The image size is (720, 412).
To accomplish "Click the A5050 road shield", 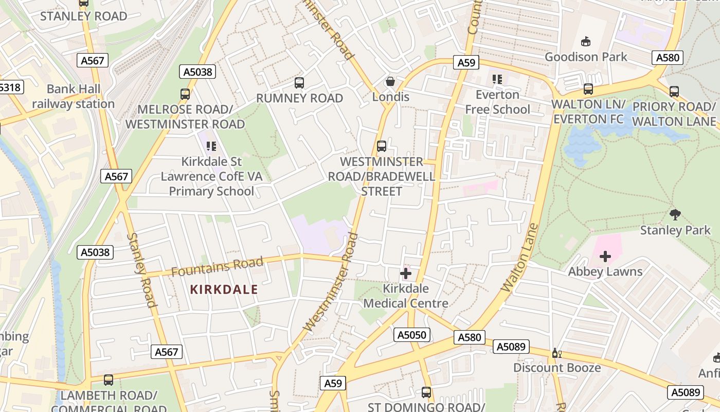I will coord(412,335).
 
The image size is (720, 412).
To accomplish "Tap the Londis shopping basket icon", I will coord(390,81).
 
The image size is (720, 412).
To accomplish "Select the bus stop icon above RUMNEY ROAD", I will coord(299,83).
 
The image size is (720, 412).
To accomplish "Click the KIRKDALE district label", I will coord(224,289).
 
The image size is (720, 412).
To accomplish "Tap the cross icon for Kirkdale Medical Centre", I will coord(406,273).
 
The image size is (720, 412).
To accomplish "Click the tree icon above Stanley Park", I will coord(675,214).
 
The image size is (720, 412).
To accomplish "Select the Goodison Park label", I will coord(586,57).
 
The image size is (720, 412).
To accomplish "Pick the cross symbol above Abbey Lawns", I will coord(605,256).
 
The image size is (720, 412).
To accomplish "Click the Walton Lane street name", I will coord(519,257).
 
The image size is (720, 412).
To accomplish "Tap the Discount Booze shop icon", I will coord(555,353).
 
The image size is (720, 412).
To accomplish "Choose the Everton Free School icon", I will coord(497,79).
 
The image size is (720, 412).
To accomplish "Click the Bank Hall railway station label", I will coord(74,96).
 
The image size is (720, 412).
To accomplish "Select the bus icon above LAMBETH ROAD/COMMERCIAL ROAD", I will coord(109,380).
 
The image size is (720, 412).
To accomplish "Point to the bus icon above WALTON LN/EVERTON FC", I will coord(588,89).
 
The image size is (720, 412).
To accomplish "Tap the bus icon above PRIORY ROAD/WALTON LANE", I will coord(674,92).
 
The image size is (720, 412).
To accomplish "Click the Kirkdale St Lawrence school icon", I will coord(211,147).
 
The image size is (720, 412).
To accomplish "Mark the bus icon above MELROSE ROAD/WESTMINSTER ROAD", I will coord(185,94).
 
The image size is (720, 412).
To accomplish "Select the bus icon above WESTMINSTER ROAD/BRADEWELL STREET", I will coord(382,146).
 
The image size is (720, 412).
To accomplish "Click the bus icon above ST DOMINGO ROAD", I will coord(426,392).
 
